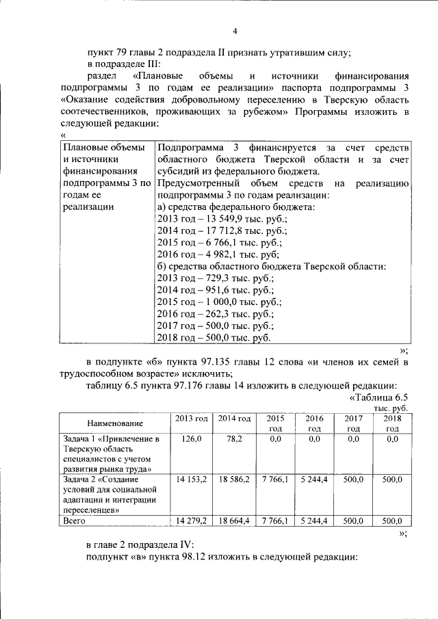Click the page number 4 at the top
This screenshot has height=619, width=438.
click(x=235, y=31)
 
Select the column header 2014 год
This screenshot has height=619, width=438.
click(x=234, y=418)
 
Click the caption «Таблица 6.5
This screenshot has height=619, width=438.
click(x=378, y=397)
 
